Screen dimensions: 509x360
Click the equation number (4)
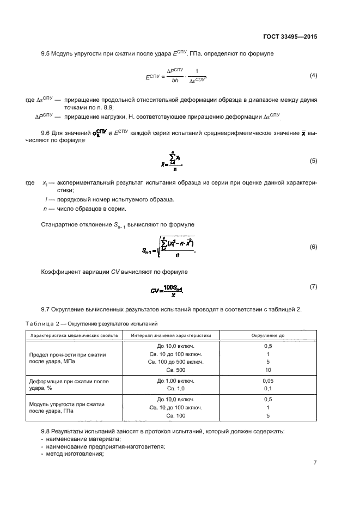[x=313, y=75]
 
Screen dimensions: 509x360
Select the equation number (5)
[x=313, y=162]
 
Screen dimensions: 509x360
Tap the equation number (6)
[x=313, y=247]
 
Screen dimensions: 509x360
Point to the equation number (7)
[x=313, y=286]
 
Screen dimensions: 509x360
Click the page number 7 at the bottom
[x=315, y=463]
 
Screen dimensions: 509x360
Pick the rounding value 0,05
[x=267, y=381]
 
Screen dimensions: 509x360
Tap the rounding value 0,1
[x=267, y=388]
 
